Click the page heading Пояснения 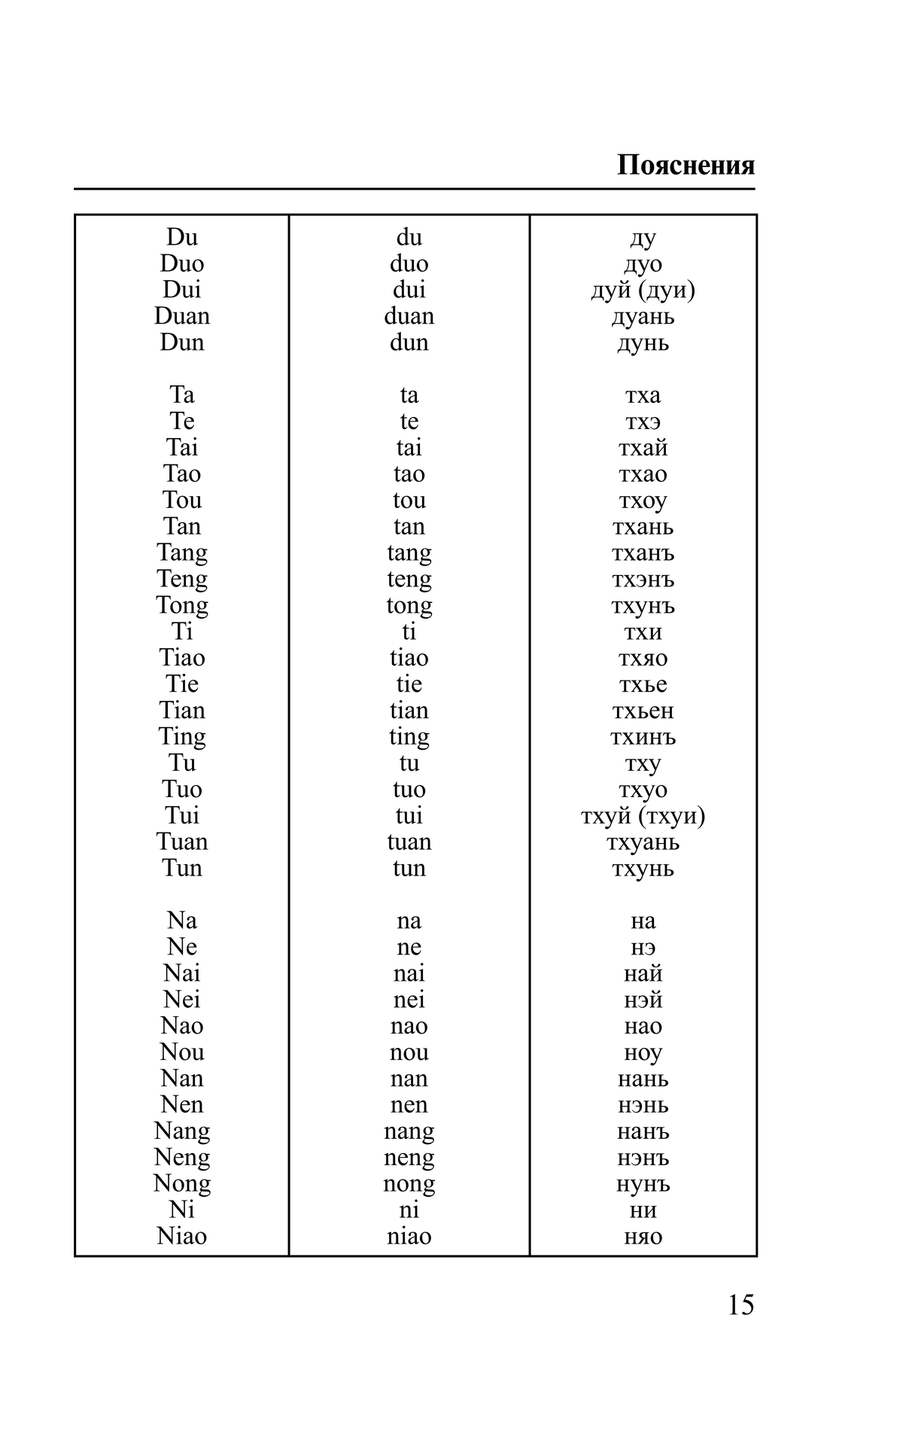pos(686,165)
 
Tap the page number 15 pos(740,1305)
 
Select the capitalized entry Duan pos(182,316)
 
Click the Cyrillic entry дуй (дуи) pos(643,290)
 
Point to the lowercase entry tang pos(409,553)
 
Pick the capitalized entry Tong pos(182,605)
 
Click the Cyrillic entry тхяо pos(643,658)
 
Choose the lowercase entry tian pos(409,710)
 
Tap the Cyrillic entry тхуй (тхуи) pos(643,815)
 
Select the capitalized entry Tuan pos(182,842)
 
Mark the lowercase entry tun pos(409,868)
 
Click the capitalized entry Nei pos(182,1000)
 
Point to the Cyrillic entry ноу pos(643,1053)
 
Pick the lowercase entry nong pos(409,1184)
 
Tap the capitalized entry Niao pos(182,1236)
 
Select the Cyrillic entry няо pos(643,1237)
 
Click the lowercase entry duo pos(409,263)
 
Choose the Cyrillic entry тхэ pos(643,422)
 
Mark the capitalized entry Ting pos(182,737)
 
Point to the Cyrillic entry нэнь pos(643,1105)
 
